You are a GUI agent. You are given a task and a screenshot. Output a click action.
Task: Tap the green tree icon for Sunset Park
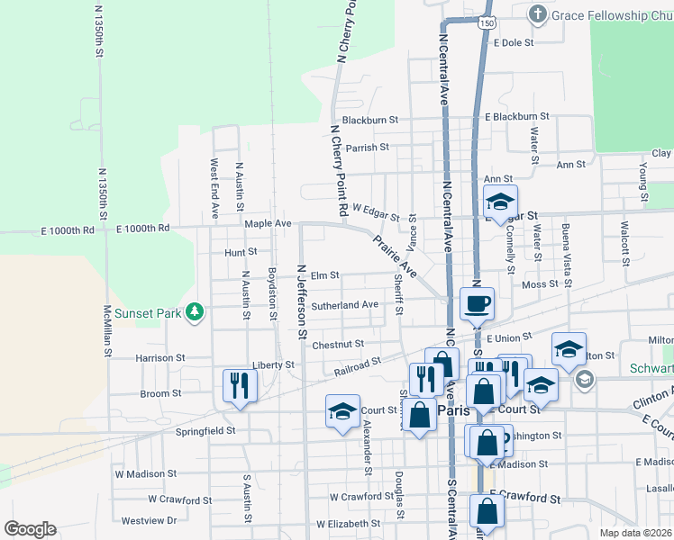[x=193, y=312]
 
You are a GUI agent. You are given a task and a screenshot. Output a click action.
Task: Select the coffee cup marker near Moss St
[x=476, y=303]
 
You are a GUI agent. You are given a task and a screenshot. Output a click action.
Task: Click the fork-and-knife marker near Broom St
[x=240, y=386]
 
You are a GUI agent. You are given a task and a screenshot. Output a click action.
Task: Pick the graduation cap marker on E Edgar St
[x=500, y=201]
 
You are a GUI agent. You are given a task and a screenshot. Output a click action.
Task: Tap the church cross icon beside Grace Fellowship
[x=538, y=14]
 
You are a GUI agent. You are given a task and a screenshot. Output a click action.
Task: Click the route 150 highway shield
[x=487, y=22]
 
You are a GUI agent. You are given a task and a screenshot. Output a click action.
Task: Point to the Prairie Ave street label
[x=395, y=256]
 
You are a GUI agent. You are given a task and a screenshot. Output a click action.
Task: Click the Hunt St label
[x=241, y=252]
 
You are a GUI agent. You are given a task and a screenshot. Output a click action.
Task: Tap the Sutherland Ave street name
[x=344, y=305]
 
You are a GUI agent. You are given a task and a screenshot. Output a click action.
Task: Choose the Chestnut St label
[x=338, y=344]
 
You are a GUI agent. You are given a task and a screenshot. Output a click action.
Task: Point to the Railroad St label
[x=359, y=365]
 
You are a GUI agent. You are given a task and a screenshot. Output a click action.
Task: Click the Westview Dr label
[x=149, y=520]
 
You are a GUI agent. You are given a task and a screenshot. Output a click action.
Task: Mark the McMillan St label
[x=106, y=329]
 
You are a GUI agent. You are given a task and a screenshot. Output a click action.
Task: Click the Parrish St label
[x=367, y=147]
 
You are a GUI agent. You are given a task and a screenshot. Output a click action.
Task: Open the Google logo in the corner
[x=30, y=528]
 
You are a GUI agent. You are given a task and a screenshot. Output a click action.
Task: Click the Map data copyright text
[x=635, y=533]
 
